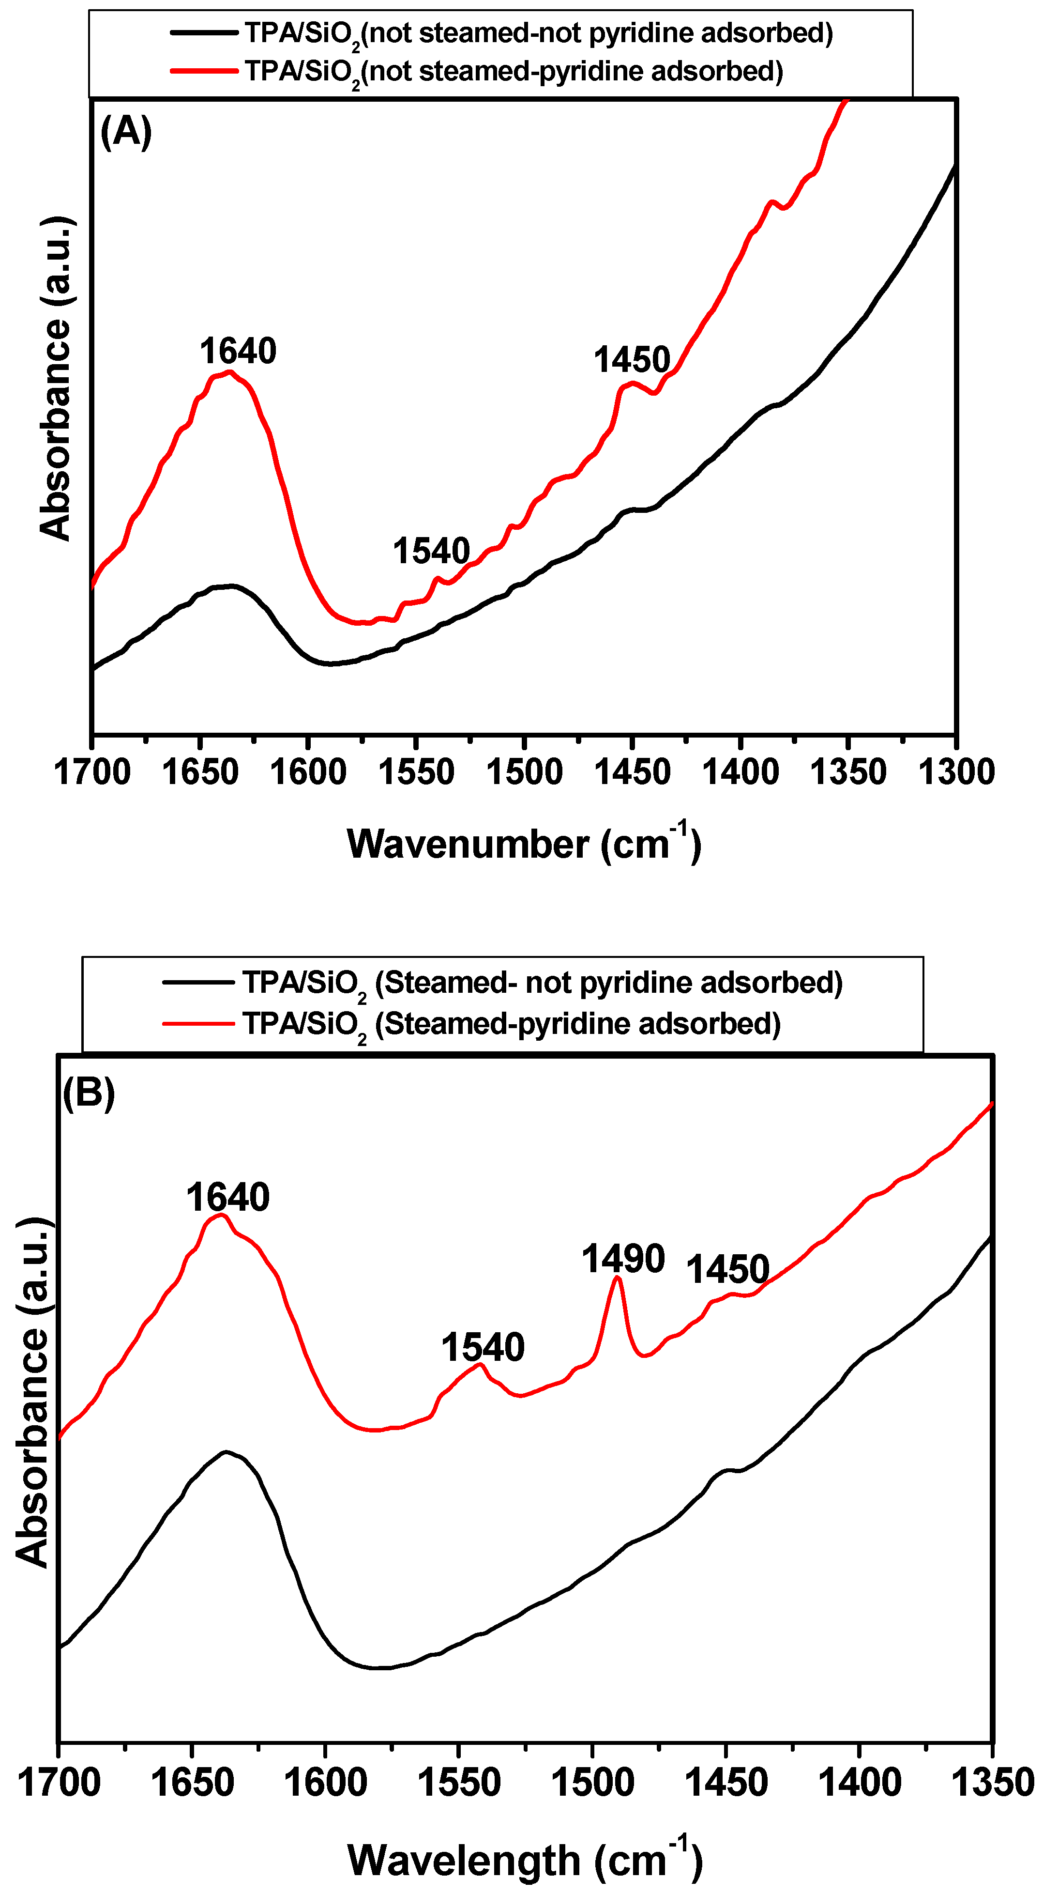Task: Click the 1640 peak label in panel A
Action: point(238,352)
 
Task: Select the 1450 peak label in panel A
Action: point(632,360)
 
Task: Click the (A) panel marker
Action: point(126,132)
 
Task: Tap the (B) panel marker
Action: point(89,1093)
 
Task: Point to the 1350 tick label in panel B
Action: point(992,1784)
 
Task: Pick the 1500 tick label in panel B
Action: point(592,1784)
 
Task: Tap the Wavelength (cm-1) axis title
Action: point(524,1860)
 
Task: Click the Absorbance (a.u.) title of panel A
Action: point(57,379)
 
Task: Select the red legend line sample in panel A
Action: point(204,71)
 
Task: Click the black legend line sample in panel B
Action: point(198,982)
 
